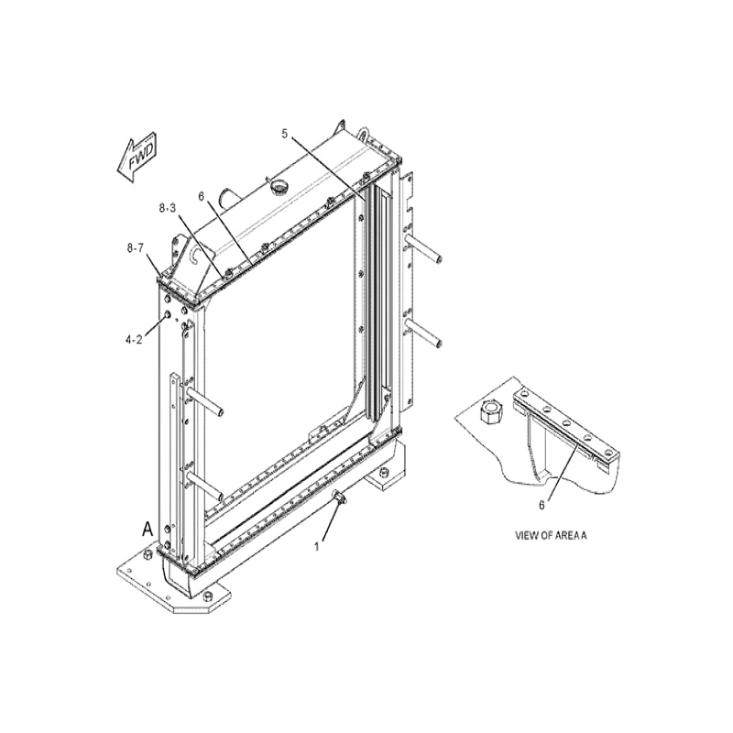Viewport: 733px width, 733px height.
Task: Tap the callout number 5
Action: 285,134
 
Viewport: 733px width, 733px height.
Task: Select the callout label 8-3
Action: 168,208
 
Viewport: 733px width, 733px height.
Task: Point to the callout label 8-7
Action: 135,248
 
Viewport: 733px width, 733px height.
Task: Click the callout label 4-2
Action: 133,340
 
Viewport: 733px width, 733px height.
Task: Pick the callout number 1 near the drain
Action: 316,546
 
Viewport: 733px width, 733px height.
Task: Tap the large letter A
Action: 148,530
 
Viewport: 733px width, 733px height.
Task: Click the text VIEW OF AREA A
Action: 551,535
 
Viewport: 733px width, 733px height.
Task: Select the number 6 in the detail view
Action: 542,506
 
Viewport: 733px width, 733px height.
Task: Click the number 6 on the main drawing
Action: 201,196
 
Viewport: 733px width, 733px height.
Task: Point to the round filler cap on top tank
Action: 279,188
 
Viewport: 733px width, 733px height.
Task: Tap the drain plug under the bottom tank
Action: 339,497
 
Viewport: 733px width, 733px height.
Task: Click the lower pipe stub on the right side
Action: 423,332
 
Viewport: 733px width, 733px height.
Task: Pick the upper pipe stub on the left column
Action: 204,400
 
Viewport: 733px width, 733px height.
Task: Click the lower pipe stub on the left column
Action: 204,485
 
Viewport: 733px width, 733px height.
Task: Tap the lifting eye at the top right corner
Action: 364,133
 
